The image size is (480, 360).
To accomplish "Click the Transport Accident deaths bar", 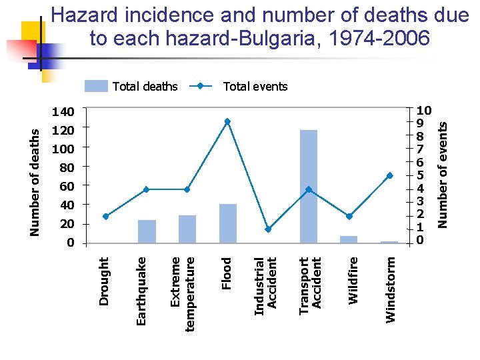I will point(309,187).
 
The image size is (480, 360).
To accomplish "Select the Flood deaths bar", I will point(228,223).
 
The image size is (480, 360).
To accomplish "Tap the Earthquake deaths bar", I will point(147,231).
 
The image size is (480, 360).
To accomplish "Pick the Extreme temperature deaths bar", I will point(187,229).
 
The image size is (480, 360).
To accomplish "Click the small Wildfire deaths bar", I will point(349,239).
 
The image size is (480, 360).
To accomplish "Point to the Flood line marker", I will point(227,121).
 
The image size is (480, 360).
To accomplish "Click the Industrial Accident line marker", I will point(268,229).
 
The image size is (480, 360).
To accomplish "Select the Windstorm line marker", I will point(389,175).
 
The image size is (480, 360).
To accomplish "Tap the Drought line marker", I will point(106,216).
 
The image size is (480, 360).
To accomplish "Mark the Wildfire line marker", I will point(349,216).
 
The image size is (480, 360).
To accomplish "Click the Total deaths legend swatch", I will point(96,86).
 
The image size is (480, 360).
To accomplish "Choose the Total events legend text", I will point(255,86).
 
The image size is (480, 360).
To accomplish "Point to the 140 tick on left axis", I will point(65,109).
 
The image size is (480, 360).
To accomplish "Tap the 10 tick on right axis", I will point(424,110).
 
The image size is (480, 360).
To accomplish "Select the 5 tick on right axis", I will point(421,175).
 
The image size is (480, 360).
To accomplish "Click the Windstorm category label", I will point(391,291).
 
